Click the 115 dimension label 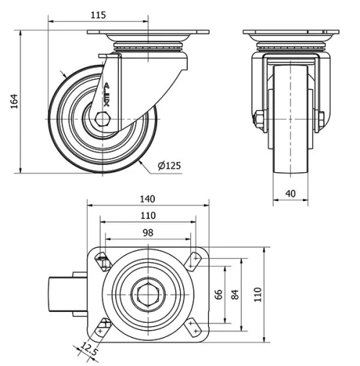click(99, 14)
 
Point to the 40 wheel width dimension click(290, 192)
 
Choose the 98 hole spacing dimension click(148, 232)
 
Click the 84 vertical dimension click(235, 295)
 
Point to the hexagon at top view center click(148, 295)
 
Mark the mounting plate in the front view click(290, 34)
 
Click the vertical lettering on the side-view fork click(107, 94)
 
